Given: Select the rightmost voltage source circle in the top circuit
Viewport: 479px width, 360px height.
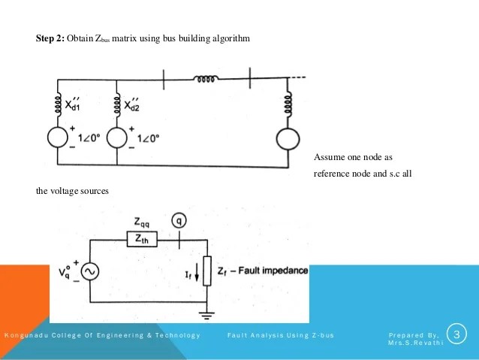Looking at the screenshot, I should pos(288,141).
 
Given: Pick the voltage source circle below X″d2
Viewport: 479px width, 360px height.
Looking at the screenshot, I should pos(119,141).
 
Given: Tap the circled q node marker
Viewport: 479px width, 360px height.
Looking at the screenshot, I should pos(178,221).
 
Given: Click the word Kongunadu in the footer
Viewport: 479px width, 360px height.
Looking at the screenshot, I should pos(25,334).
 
